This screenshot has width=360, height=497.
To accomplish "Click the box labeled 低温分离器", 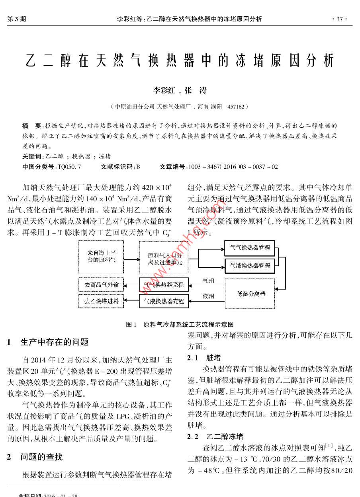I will pos(251,294).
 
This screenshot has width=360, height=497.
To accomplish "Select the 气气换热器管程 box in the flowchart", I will pos(250,248).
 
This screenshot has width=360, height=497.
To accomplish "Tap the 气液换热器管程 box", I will pos(250,265).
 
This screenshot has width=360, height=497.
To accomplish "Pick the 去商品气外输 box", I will pos(102,285).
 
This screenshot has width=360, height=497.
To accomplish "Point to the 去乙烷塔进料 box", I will pos(102,301).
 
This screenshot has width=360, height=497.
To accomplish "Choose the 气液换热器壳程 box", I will pos(163,301).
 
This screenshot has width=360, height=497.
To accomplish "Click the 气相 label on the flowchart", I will pos(208,281).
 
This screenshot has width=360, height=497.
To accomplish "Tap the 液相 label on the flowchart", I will pos(208,296).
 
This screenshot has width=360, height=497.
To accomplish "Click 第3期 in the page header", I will pos(17,19).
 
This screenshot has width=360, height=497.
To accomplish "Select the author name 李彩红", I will pos(164,90).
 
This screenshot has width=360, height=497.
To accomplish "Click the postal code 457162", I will pos(237,107).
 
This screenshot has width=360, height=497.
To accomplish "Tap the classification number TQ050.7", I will pos(69,167).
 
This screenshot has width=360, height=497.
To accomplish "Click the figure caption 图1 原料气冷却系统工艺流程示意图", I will pos(180,325).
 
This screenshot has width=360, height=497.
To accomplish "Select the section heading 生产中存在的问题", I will pos(54,342).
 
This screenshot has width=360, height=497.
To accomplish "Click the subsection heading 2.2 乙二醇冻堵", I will pos(215,437).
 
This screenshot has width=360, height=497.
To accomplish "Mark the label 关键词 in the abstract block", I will pos(33,156).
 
